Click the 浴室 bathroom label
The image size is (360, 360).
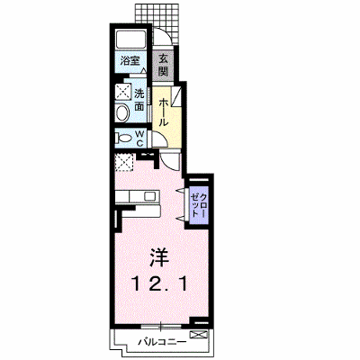(130, 61)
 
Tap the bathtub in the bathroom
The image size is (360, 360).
(130, 40)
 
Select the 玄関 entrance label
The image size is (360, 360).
(163, 65)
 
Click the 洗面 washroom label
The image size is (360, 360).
(139, 100)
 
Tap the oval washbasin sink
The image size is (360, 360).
(122, 113)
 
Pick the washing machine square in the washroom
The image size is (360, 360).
(123, 91)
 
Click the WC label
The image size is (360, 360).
(140, 138)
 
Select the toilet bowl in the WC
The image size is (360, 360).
(124, 139)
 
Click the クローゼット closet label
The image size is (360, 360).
(199, 205)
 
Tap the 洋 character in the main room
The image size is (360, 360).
(159, 257)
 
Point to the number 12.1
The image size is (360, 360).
(159, 283)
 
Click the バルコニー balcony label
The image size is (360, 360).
(162, 342)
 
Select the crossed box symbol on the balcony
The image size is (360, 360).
(199, 335)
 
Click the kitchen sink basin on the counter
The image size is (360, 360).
(149, 196)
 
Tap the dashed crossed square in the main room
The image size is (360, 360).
(124, 162)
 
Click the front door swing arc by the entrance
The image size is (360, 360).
(165, 35)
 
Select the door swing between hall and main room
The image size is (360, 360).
(170, 161)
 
